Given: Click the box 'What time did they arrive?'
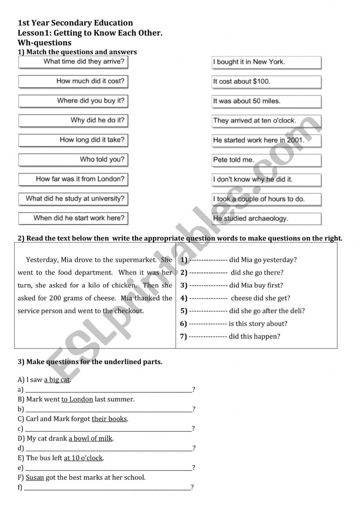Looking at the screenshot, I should point(73,62).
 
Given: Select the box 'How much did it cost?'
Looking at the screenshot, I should point(73,81).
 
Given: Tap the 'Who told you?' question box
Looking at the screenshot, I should point(73,160).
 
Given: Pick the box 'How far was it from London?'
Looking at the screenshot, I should point(73,179).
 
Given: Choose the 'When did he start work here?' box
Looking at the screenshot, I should point(73,218).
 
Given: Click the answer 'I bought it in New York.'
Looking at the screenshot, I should point(266,62).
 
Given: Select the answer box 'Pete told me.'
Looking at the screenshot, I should point(266,160).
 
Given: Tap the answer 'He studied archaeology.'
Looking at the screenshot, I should point(266,218).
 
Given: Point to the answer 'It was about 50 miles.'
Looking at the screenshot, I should point(266,101).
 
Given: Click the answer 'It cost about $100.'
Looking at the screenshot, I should point(266,82).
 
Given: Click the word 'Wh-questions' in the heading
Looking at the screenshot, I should point(44,43).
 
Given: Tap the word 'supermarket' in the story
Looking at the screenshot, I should point(139,260).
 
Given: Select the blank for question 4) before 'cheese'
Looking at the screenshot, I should point(208,298).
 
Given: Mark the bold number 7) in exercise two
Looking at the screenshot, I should point(183,337).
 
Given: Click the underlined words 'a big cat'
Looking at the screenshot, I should point(57,380).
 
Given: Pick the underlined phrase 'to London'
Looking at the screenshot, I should point(77,399).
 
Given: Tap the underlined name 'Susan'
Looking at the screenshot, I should point(35,477).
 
